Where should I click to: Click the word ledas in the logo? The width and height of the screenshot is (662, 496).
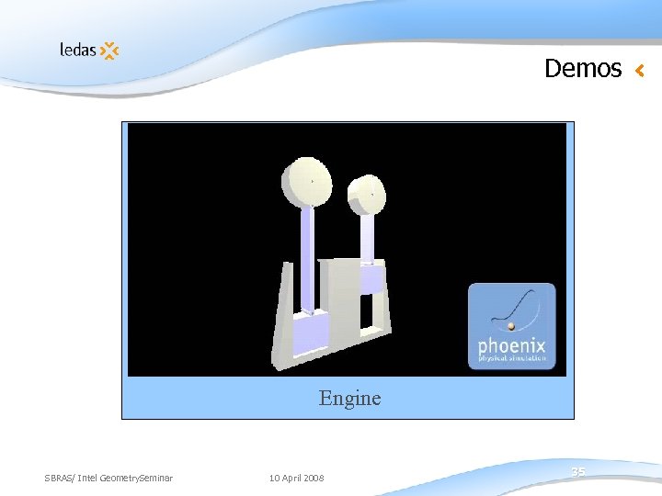[x=77, y=50]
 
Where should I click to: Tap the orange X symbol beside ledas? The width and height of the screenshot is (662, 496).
[x=109, y=51]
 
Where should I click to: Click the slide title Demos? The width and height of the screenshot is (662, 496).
[x=583, y=69]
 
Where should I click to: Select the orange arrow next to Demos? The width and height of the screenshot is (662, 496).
[x=640, y=70]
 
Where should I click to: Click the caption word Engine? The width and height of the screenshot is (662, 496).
[x=349, y=398]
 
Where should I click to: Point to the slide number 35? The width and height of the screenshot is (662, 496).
[x=577, y=471]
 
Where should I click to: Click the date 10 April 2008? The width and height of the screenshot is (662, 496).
[x=296, y=478]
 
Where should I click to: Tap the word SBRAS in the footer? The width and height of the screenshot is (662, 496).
[x=59, y=478]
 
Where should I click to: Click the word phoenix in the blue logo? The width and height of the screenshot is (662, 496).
[x=511, y=347]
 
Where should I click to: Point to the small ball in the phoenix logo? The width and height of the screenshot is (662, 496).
[x=510, y=325]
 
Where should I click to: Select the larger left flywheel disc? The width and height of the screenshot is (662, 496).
[x=306, y=183]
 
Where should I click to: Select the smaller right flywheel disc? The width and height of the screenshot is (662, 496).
[x=367, y=194]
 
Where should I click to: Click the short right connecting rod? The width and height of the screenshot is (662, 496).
[x=367, y=237]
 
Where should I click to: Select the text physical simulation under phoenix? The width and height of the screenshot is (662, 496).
[x=511, y=359]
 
